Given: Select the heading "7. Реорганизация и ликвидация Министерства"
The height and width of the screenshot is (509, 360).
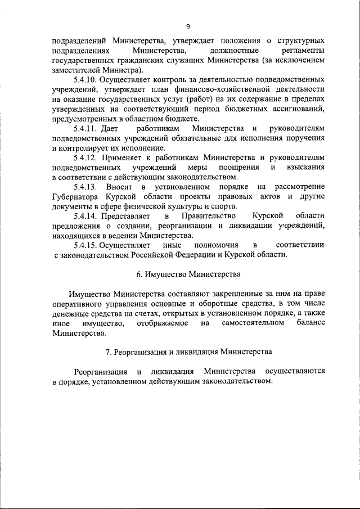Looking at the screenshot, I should (x=188, y=352).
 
